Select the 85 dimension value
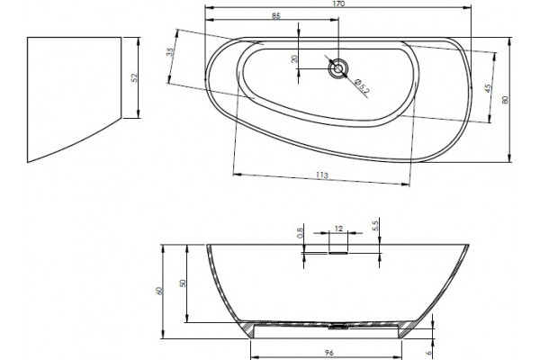(x=276, y=16)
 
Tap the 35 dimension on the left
(x=170, y=51)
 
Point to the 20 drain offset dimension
(x=294, y=58)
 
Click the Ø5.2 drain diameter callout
(x=363, y=85)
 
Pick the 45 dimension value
(x=487, y=88)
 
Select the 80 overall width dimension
(x=505, y=100)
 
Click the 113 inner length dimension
(x=321, y=175)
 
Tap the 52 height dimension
(x=135, y=78)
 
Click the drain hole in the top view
(x=338, y=68)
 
